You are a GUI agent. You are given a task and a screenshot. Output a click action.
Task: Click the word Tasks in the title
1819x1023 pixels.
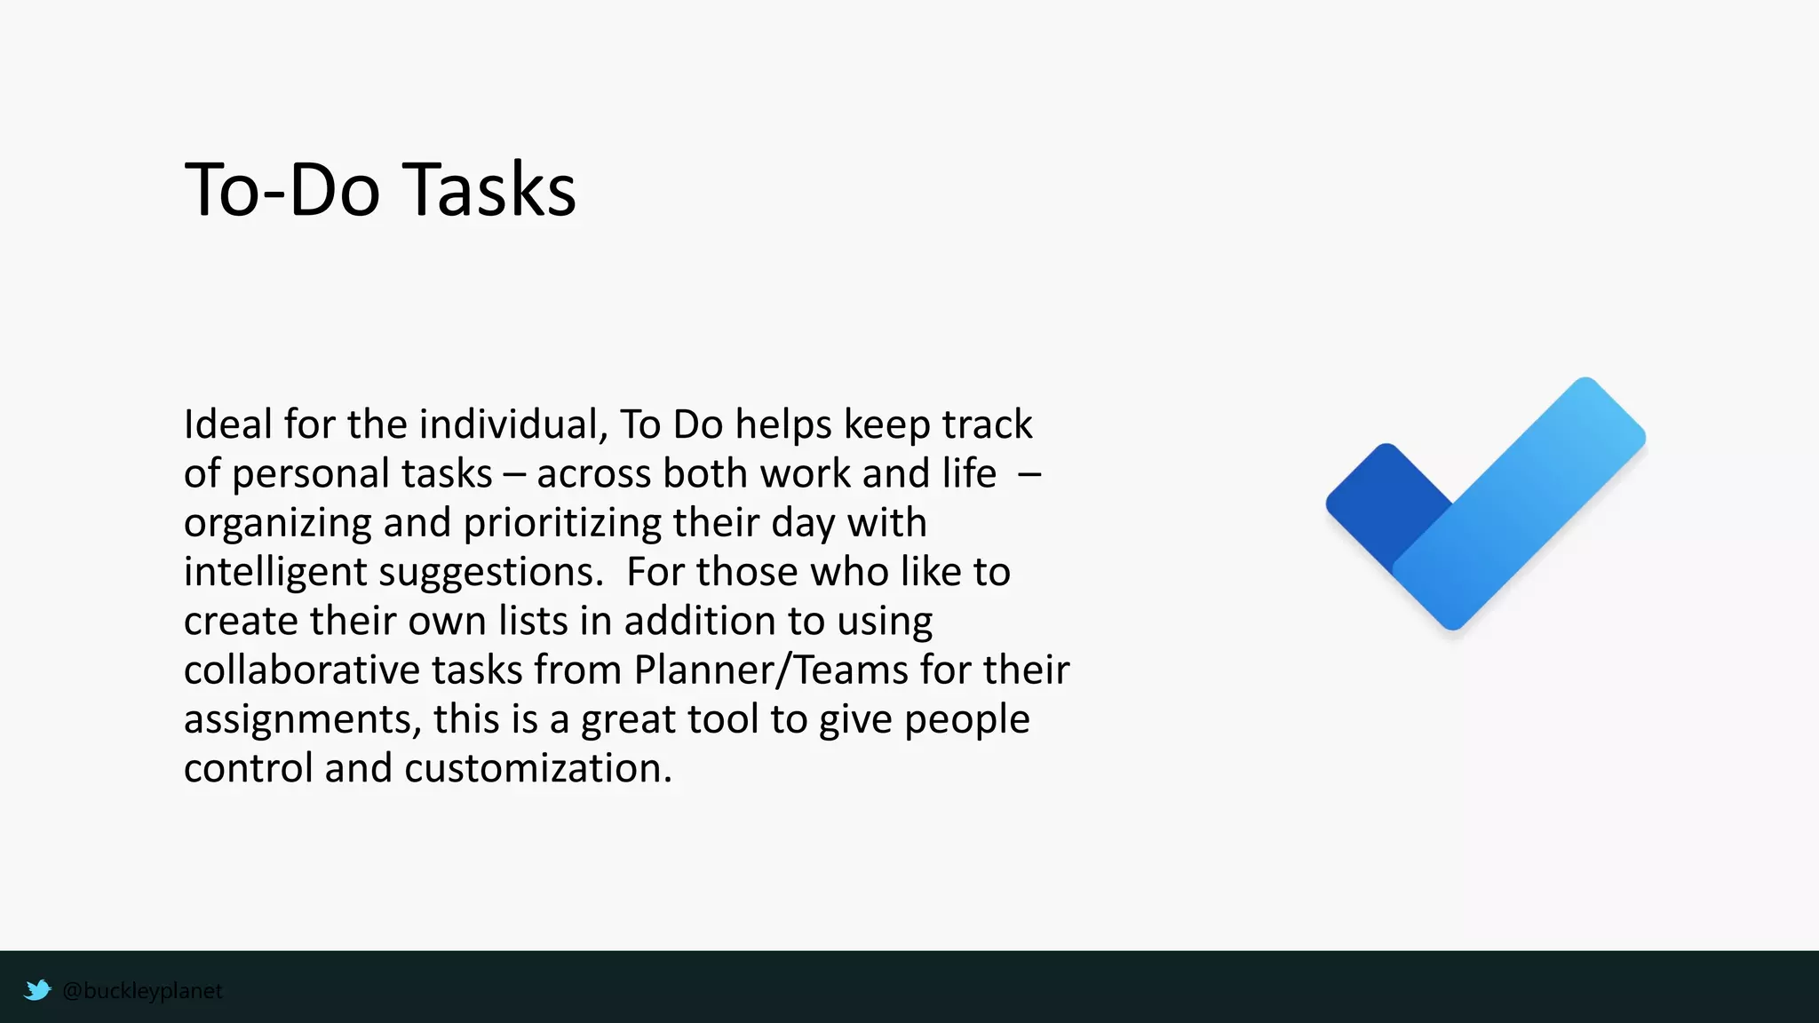tap(492, 190)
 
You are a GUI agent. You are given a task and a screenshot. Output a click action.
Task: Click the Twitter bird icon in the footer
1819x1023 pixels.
tap(37, 990)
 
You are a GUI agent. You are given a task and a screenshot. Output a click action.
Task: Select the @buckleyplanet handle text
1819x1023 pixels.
tap(142, 991)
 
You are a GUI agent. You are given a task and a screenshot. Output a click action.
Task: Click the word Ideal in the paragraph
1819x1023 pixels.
tap(227, 424)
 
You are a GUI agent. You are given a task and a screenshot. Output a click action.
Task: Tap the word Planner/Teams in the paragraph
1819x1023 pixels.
tap(771, 670)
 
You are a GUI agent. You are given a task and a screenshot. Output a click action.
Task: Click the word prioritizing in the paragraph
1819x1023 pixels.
tap(562, 524)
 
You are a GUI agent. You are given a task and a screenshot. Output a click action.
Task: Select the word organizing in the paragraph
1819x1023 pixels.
tap(277, 524)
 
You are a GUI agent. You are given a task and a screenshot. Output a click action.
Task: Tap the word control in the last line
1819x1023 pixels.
tap(249, 768)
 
